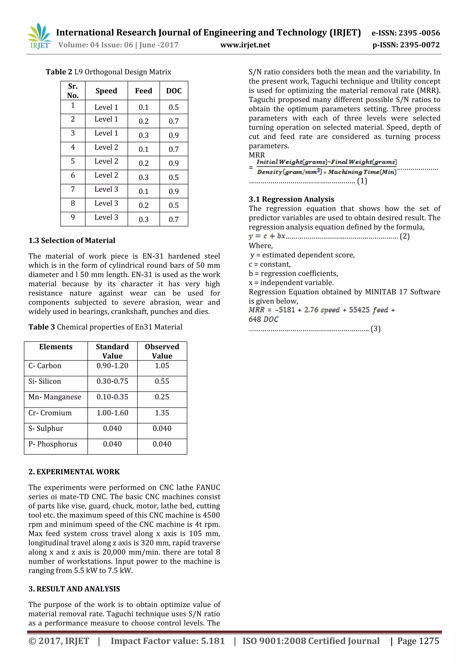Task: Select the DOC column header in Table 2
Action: click(x=174, y=91)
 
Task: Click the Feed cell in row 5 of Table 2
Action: click(x=144, y=163)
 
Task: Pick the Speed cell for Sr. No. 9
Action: click(x=106, y=217)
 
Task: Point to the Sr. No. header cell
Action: click(x=73, y=91)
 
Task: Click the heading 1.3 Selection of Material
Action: click(x=72, y=240)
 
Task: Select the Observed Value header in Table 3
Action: click(x=162, y=351)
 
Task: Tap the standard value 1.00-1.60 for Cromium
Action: click(x=112, y=413)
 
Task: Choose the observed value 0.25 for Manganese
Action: click(x=162, y=397)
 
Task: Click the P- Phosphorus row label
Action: click(x=53, y=444)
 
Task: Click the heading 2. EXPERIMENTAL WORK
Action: click(x=74, y=472)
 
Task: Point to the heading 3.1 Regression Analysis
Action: click(x=291, y=199)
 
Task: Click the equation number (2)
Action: click(x=404, y=236)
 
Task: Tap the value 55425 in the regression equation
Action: click(x=359, y=310)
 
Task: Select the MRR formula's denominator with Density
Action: click(x=326, y=172)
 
